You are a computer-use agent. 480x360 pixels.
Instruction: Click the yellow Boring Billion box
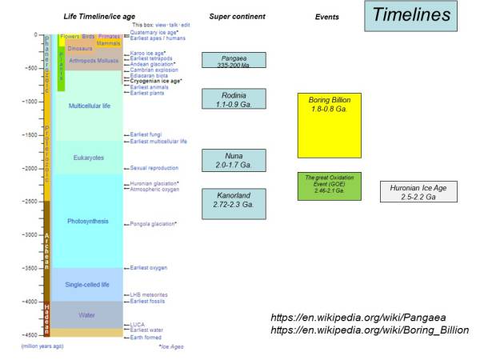[330, 125]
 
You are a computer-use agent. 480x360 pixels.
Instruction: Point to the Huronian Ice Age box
[418, 192]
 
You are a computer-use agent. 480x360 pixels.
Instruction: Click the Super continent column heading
[232, 16]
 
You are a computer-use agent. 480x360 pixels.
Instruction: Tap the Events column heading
[327, 16]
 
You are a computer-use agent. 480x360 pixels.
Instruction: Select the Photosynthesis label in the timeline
[88, 221]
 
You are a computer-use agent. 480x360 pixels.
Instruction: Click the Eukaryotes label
[88, 158]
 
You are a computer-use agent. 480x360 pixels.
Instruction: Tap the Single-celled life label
[88, 284]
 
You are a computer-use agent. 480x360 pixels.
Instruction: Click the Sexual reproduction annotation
[154, 169]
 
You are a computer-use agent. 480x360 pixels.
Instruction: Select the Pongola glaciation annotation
[153, 224]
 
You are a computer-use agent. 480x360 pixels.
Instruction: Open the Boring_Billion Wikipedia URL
[370, 330]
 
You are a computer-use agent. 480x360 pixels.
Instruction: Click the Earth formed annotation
[146, 338]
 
